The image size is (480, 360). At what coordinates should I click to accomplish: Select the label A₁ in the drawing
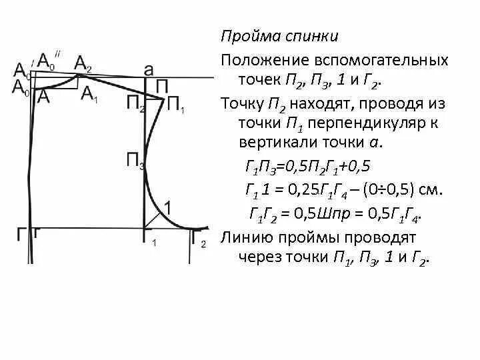(89, 95)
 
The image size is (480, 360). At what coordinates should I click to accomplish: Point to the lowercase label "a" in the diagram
(149, 69)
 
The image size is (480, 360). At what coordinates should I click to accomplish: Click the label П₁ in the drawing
(176, 106)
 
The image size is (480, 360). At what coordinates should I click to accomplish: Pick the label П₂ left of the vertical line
(134, 103)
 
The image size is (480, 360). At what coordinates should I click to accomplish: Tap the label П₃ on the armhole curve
(135, 160)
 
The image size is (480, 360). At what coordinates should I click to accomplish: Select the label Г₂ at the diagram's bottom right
(199, 237)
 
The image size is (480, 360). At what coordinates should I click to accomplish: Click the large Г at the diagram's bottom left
(23, 234)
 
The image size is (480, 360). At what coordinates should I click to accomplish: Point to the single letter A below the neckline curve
(44, 96)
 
